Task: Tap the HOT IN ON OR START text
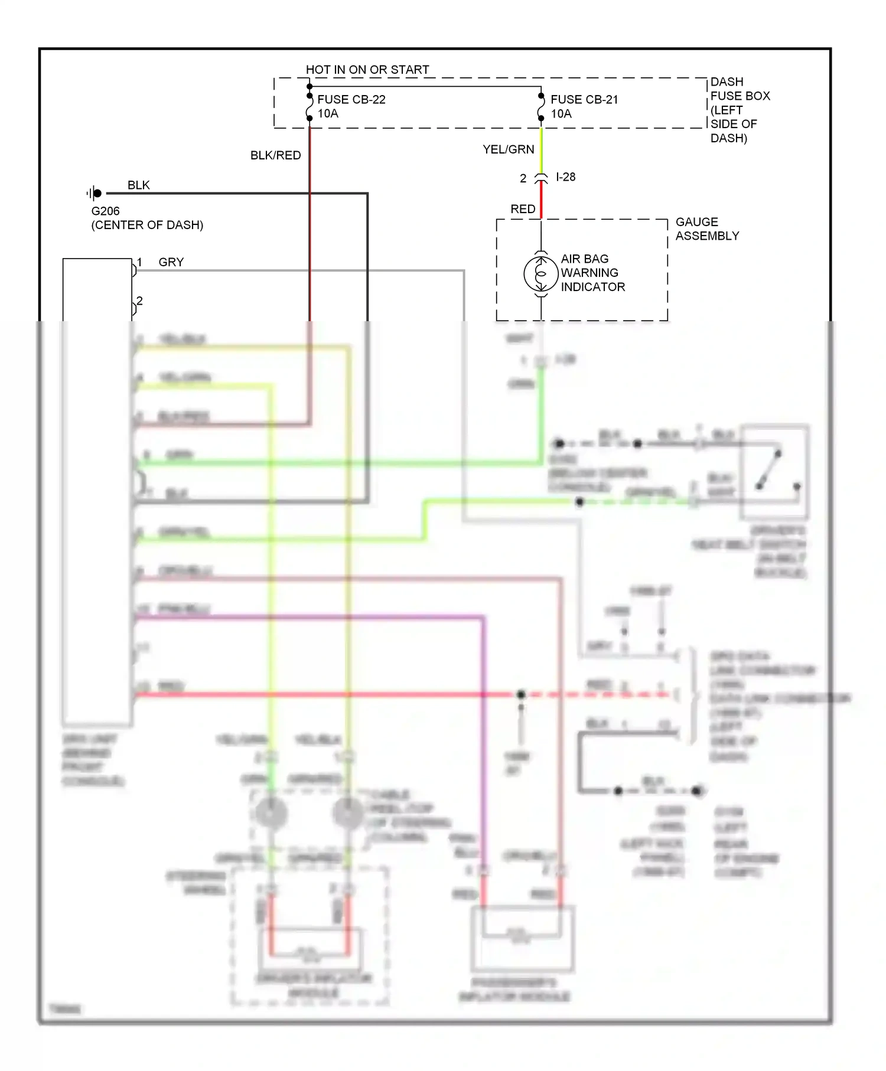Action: point(367,70)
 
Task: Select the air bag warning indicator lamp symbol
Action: point(540,273)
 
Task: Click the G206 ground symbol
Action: point(95,193)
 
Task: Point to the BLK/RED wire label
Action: point(275,155)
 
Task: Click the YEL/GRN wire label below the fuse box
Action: point(508,149)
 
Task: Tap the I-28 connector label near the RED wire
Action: point(565,177)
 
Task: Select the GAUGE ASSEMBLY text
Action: point(706,228)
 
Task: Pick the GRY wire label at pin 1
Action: point(171,262)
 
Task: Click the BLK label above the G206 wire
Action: point(138,185)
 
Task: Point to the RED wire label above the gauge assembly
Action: point(522,209)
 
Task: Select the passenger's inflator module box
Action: point(522,938)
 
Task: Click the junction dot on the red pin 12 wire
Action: point(520,694)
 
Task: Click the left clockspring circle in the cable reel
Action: point(271,814)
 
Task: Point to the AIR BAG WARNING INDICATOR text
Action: point(592,273)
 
